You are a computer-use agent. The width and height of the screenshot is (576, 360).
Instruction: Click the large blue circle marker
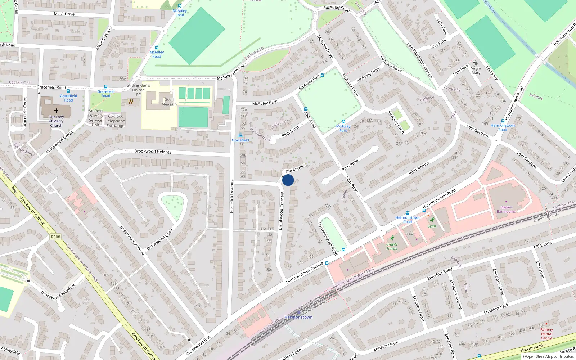288,180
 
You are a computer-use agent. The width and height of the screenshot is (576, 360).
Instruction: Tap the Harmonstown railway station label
298,317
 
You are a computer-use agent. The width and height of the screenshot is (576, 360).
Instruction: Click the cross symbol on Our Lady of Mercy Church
56,111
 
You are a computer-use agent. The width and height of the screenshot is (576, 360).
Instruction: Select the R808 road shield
55,237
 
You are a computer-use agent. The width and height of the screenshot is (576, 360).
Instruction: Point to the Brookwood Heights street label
153,152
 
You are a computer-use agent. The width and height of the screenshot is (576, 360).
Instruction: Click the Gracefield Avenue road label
232,196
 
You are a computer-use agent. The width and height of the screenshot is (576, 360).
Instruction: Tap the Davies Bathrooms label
506,210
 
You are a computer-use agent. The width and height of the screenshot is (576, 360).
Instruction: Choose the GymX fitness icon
432,220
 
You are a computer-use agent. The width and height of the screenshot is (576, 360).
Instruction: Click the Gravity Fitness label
392,247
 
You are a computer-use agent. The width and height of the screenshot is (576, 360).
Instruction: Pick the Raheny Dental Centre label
546,334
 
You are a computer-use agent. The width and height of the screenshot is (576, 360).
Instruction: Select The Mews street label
294,169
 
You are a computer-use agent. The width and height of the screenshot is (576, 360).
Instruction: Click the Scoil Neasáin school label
169,102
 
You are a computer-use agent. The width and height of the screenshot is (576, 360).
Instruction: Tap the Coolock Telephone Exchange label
115,121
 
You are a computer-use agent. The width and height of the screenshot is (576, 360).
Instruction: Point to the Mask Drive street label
64,14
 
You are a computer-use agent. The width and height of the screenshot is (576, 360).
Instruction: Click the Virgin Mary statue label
476,71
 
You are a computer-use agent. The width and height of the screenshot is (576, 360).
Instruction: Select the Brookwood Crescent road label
281,211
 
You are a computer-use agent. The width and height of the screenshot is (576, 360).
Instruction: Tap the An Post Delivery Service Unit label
95,118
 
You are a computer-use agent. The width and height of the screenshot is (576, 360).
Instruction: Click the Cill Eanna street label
543,245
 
